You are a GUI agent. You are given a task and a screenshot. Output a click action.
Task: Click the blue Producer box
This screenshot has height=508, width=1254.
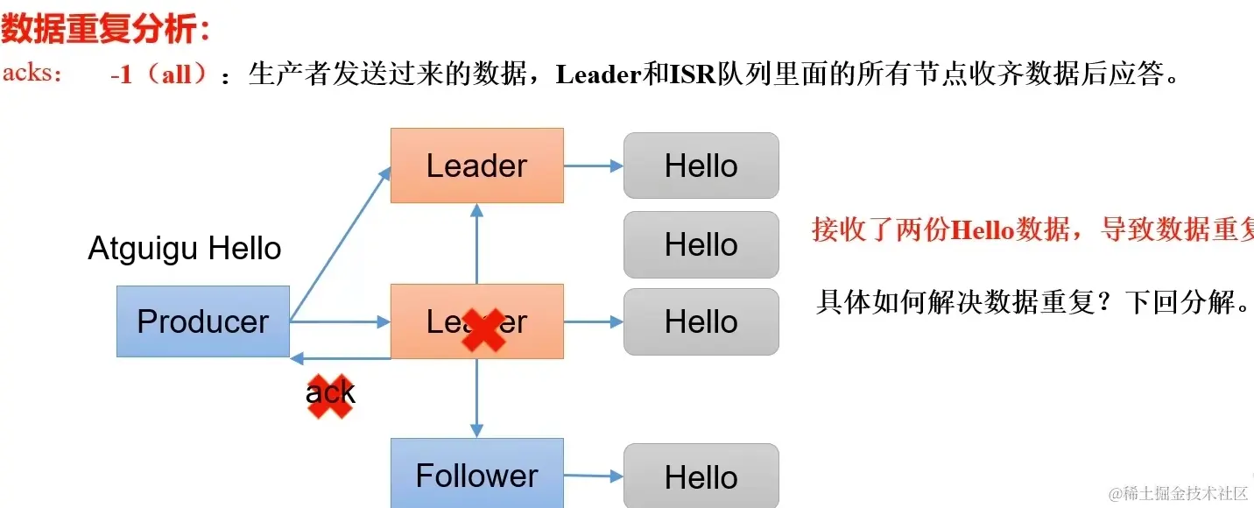[202, 321]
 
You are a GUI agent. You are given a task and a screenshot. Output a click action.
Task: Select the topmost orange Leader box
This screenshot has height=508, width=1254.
[476, 166]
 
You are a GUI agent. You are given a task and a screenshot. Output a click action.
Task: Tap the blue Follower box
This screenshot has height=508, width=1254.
[476, 475]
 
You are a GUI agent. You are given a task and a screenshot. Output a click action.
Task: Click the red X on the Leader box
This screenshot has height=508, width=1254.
[483, 329]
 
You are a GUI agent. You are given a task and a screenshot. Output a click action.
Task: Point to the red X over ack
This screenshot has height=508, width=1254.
[330, 396]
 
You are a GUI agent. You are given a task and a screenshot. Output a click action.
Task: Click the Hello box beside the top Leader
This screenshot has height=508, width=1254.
[701, 166]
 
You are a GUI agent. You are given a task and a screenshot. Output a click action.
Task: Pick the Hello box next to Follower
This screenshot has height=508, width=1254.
[701, 476]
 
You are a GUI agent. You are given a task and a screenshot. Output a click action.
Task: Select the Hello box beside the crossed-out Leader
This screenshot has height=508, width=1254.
[701, 321]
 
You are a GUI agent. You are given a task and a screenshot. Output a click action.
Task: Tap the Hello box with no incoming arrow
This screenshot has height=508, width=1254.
[701, 244]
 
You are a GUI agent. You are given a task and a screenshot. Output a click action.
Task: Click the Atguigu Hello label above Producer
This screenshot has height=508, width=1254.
[185, 250]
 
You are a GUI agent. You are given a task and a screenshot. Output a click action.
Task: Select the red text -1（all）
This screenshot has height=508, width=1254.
[159, 75]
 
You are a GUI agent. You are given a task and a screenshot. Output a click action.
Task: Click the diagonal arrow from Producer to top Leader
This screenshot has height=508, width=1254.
[340, 244]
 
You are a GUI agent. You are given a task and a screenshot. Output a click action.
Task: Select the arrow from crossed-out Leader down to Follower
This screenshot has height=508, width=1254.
[476, 398]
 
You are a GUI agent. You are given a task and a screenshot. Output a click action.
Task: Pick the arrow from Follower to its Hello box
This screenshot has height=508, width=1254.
[593, 476]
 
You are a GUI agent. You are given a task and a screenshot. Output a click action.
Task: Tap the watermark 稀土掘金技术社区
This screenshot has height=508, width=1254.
[1178, 494]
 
